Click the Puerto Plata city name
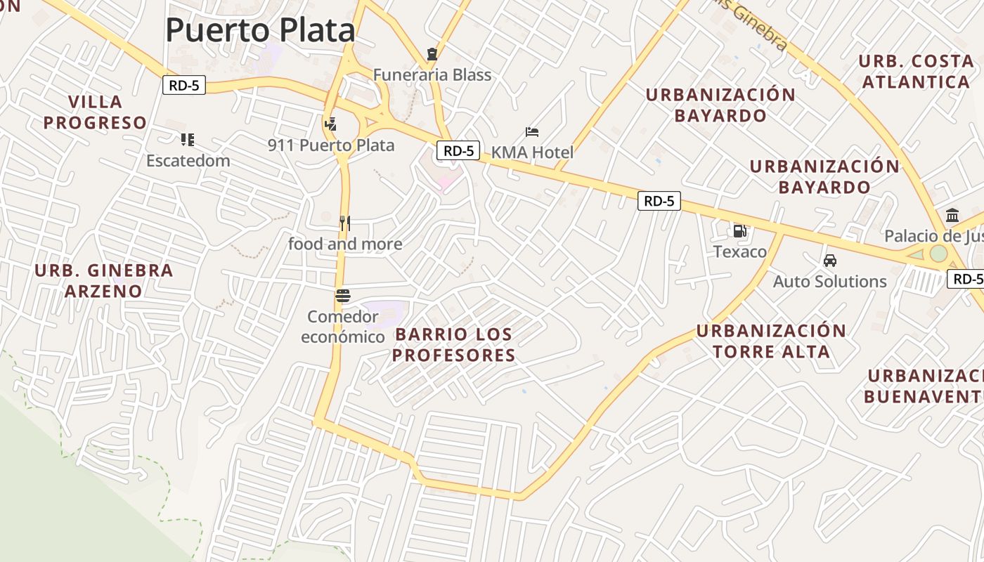(260, 30)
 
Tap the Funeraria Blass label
(432, 74)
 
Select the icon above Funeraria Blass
(432, 54)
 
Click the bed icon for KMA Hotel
(532, 132)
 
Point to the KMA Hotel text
(532, 152)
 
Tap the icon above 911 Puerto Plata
(330, 124)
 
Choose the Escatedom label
(188, 160)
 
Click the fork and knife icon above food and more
(344, 223)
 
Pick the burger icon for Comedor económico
(343, 296)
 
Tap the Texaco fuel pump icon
(739, 230)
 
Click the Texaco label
(740, 251)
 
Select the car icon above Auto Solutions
(830, 261)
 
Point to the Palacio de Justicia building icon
(952, 215)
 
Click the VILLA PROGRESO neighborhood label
(96, 112)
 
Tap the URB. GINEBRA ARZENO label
(103, 280)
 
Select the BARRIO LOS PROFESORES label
(453, 344)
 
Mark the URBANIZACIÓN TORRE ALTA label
(771, 341)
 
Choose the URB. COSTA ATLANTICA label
(916, 72)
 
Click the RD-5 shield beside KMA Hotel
(458, 150)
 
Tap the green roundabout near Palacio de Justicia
(939, 254)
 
